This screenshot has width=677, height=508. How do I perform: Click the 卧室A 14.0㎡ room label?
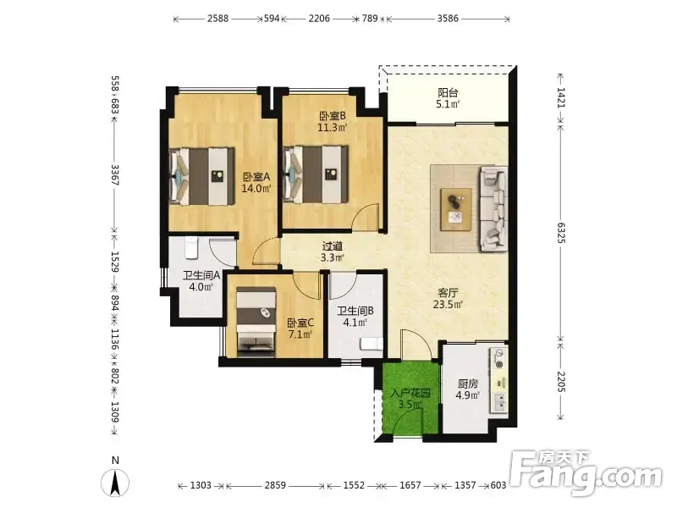point(256,182)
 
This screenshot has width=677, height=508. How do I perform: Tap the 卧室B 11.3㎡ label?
point(333,121)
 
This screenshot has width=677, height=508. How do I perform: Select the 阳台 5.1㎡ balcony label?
point(448,98)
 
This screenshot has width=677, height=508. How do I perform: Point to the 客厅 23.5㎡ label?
point(448,299)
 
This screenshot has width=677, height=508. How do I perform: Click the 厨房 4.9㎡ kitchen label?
point(468,389)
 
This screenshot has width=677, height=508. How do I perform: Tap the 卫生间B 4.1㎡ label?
point(355,316)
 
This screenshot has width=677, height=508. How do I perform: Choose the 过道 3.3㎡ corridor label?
point(333,251)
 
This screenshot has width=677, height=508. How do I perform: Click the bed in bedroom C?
point(256,323)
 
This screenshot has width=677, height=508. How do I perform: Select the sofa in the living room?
point(493,209)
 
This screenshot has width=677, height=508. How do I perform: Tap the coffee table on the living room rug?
point(456,209)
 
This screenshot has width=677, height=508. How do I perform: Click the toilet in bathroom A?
point(191,247)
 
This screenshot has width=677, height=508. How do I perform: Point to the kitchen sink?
point(499,402)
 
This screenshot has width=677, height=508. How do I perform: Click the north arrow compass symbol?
point(115,482)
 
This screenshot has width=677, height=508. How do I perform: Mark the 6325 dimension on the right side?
point(560,232)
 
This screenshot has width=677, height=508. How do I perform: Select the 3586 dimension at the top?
point(448,19)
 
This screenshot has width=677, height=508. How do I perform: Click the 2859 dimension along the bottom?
point(275,485)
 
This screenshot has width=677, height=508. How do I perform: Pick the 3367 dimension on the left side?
point(115,174)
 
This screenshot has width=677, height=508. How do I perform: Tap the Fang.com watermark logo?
point(586,473)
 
